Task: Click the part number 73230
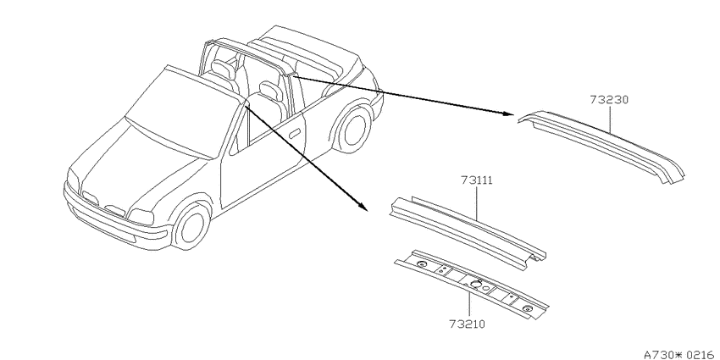tap(609, 100)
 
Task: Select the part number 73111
tap(477, 180)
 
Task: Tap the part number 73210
tap(468, 324)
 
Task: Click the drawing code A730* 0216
tap(681, 354)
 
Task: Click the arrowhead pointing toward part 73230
tap(508, 114)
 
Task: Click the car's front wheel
tap(191, 227)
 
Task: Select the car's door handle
tap(294, 134)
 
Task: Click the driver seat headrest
tap(270, 90)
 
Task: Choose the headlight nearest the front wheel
tap(141, 216)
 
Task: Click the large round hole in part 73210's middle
tap(476, 284)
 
